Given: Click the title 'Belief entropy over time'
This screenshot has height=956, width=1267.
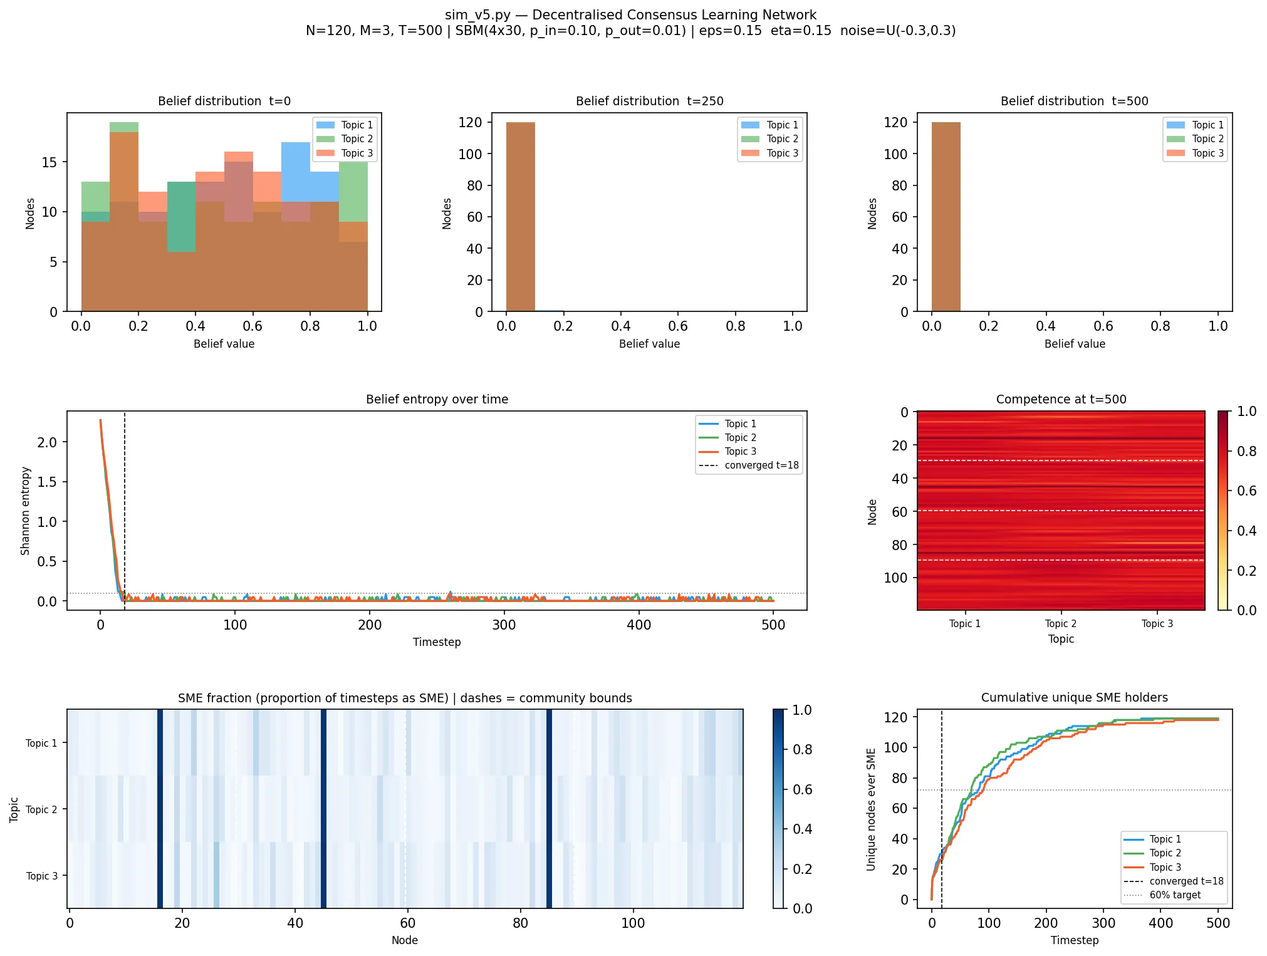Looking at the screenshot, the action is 437,399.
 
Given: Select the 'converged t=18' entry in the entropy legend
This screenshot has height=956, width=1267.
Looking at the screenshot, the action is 749,465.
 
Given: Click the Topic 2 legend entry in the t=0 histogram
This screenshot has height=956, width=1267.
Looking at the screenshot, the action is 345,139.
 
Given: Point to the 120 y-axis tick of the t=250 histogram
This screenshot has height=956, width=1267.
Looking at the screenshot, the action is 470,122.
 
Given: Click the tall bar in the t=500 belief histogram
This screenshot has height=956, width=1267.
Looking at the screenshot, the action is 946,217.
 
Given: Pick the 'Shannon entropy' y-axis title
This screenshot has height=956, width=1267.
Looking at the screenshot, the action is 25,511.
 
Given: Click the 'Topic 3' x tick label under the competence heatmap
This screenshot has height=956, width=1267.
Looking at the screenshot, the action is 1157,623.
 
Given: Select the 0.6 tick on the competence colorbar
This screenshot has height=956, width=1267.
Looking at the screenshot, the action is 1246,491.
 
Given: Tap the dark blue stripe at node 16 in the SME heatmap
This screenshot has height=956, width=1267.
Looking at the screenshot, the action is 160,809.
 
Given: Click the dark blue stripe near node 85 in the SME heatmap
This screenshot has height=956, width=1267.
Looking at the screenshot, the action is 549,809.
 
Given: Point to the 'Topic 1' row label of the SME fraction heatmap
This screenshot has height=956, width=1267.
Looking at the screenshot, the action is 41,743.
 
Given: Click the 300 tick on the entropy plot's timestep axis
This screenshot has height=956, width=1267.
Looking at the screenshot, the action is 504,625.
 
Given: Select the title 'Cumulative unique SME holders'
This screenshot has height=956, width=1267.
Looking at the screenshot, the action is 1074,697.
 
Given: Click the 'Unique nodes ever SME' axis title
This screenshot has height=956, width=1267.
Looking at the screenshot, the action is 871,809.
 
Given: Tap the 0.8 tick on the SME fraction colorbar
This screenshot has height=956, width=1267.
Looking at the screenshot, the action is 802,749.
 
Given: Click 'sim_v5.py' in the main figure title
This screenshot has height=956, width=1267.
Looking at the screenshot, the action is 477,15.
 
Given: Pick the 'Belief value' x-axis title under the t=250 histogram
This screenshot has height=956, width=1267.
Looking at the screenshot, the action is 649,343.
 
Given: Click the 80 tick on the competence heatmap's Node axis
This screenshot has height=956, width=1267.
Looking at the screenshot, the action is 899,545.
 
